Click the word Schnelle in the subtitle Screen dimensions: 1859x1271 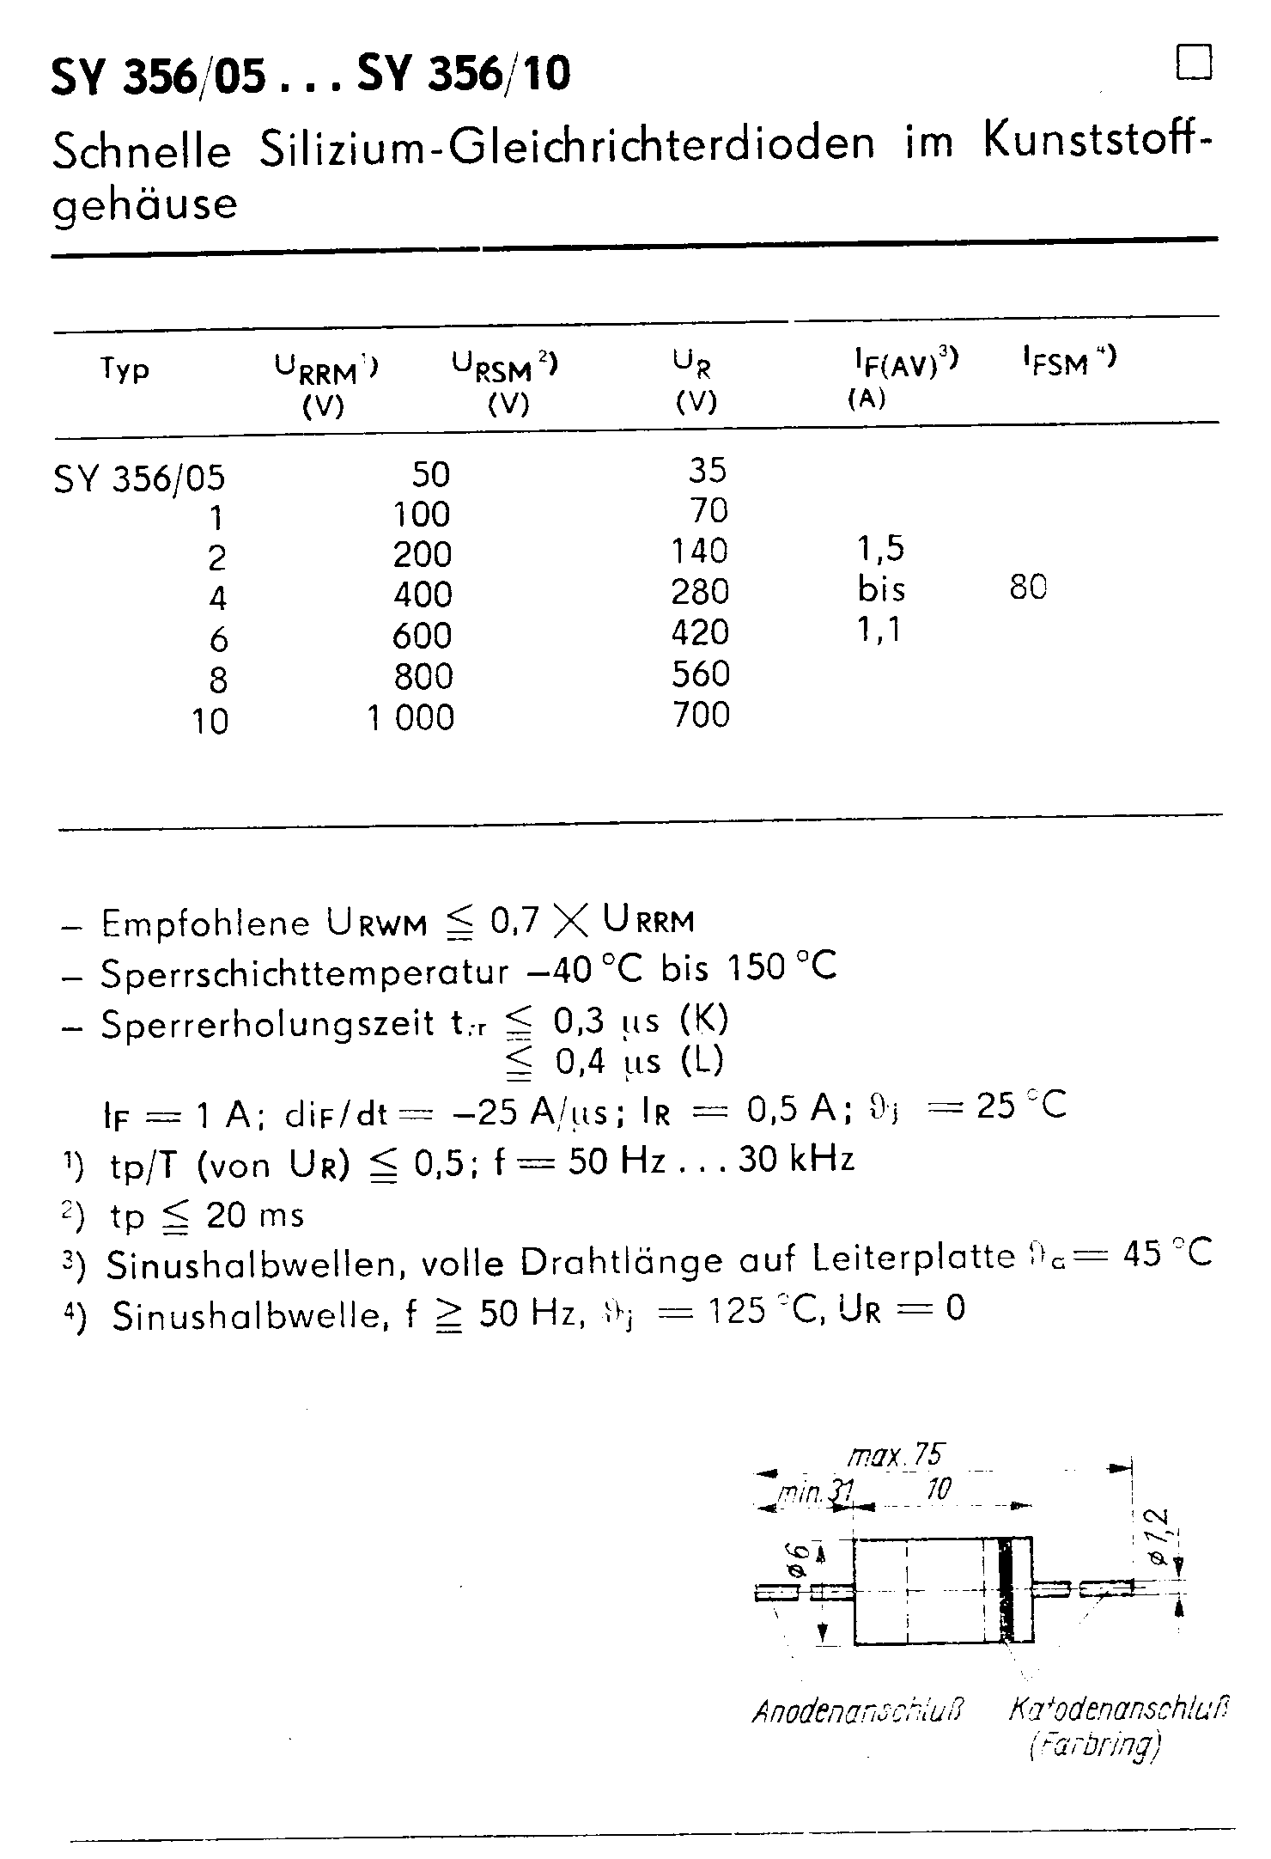(x=142, y=152)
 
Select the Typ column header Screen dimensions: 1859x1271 (x=125, y=369)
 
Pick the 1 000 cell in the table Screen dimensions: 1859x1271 (x=411, y=716)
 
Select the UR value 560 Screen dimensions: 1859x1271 (x=701, y=674)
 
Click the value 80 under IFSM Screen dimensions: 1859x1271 (x=1028, y=588)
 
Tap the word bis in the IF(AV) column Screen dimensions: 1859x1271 (x=881, y=589)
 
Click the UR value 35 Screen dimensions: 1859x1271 (x=708, y=470)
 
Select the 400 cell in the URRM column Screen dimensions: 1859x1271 (x=423, y=594)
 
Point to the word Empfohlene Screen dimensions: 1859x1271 (x=205, y=923)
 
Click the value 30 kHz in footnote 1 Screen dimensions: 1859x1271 (x=796, y=1161)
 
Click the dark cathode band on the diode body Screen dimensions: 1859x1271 (x=1004, y=1591)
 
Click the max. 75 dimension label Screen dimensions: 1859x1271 (x=896, y=1455)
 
